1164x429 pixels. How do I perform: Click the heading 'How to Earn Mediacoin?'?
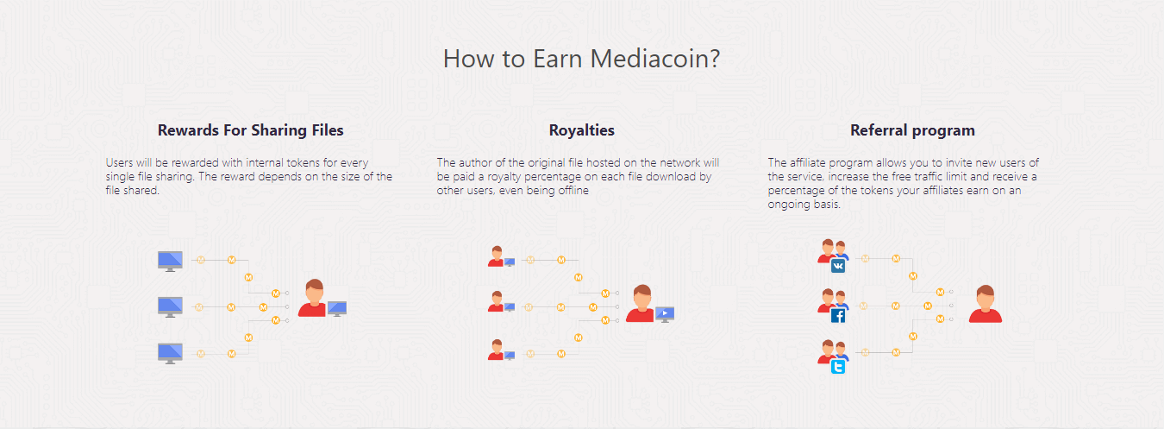[x=581, y=58]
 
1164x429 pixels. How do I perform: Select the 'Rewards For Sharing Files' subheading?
[x=250, y=130]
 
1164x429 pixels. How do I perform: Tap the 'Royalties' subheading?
[x=581, y=130]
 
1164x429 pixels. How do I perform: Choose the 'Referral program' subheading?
[x=912, y=130]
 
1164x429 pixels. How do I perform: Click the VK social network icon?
[x=838, y=266]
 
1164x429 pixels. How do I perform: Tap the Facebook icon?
[x=838, y=316]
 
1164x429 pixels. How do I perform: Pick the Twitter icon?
[x=838, y=367]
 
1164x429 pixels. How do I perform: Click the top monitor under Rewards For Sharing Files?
[x=171, y=261]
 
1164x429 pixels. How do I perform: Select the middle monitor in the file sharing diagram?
[x=171, y=306]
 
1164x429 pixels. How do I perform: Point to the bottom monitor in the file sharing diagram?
[x=171, y=354]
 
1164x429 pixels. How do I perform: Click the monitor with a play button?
[x=665, y=314]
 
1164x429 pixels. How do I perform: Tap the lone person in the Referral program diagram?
[x=986, y=304]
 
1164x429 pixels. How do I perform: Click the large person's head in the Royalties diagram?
[x=642, y=296]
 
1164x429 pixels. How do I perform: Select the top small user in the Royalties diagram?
[x=497, y=256]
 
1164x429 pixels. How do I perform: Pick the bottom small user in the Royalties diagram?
[x=497, y=350]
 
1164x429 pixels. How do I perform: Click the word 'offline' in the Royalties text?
[x=573, y=190]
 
